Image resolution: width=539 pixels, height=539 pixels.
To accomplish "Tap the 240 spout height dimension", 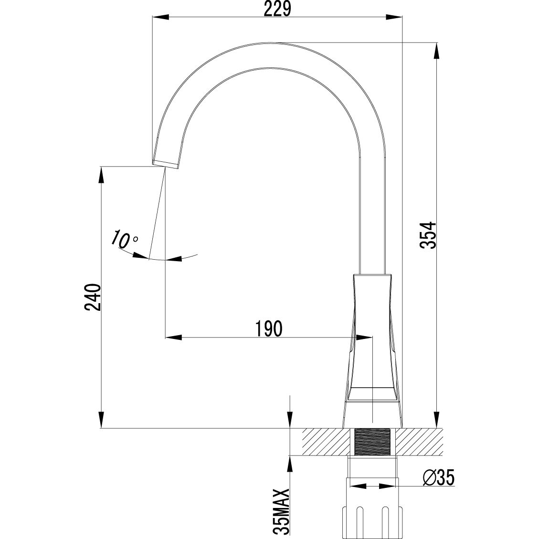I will pos(92,297).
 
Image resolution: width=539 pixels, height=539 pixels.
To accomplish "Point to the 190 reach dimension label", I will pos(268,328).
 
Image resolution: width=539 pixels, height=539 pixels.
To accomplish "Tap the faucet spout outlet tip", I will pos(166,164).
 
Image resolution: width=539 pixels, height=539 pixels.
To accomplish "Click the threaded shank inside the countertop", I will pos(373,442).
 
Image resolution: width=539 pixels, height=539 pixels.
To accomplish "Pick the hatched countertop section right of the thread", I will pos(418,442).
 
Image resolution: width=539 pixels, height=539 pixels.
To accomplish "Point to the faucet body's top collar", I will pos(372,276).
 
